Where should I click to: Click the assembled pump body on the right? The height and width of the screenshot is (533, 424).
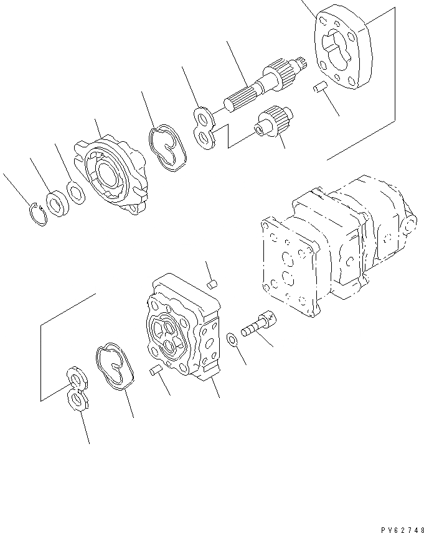pos(336,249)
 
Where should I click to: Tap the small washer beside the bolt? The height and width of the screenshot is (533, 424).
pos(231,340)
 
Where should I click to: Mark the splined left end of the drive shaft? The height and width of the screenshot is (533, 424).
pos(240,100)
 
